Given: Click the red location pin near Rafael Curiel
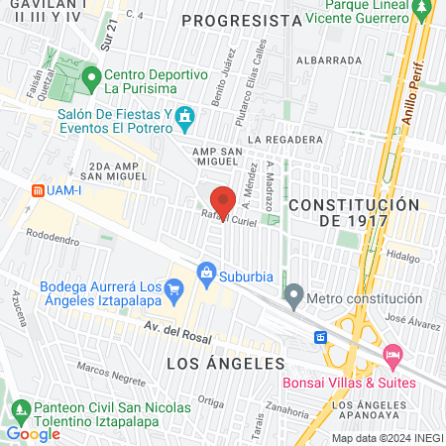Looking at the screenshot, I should click(x=224, y=200).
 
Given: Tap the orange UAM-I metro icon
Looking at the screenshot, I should click(x=37, y=189).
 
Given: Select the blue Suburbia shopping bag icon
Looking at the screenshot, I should click(x=206, y=271).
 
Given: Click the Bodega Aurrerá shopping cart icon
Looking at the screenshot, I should click(x=174, y=290).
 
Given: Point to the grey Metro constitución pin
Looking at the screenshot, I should click(x=293, y=295).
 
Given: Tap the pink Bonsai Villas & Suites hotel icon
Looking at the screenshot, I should click(x=392, y=353).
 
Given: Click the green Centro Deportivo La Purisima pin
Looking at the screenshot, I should click(x=91, y=76).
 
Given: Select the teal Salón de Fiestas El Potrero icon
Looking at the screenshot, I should click(x=184, y=120).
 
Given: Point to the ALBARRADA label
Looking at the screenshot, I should click(x=334, y=59).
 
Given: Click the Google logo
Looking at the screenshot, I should click(x=33, y=433).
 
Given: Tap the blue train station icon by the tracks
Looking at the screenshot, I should click(x=321, y=337).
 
